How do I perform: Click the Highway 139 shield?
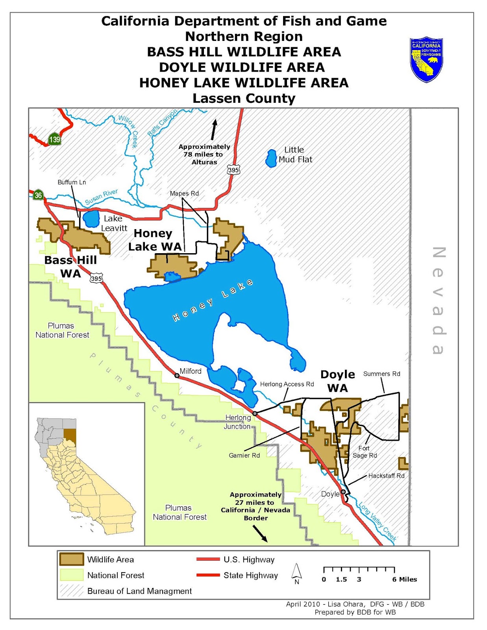coord(54,139)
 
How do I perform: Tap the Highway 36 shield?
coord(38,195)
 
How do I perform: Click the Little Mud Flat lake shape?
coord(271,158)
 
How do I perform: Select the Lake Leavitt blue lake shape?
coord(91,219)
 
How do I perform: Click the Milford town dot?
coord(177,376)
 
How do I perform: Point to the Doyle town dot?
coord(343,492)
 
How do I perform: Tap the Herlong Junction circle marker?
coord(255,413)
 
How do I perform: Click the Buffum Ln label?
coord(72,182)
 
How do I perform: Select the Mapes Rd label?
coord(184,193)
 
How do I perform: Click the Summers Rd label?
coord(381,374)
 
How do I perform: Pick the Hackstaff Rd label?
coord(386,476)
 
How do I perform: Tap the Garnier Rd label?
coord(244,455)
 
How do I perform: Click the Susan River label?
coord(102,197)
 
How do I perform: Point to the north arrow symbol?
coord(296,573)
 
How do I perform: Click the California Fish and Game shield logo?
coord(426,59)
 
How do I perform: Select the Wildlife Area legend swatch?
coord(71,559)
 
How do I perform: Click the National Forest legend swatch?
coord(71,575)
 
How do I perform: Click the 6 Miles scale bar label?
coord(404,579)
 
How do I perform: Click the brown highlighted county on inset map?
coord(70,435)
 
